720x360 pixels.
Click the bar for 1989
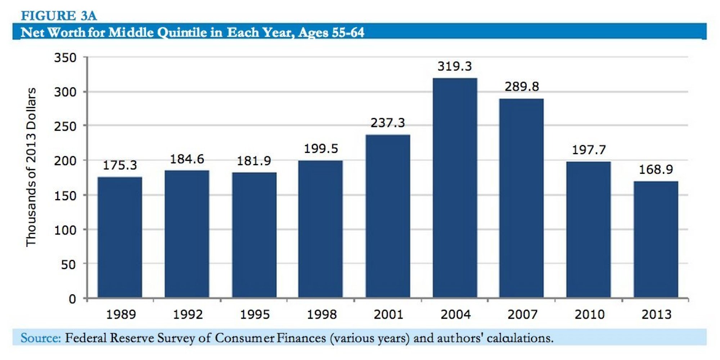click(120, 237)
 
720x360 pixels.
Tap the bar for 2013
click(656, 239)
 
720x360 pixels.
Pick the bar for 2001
click(388, 216)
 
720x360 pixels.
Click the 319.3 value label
click(454, 66)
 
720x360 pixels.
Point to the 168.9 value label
click(656, 169)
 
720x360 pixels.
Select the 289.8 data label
click(522, 86)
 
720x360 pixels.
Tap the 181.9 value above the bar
click(254, 161)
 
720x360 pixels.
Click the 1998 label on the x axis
click(321, 315)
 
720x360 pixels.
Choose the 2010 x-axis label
click(589, 315)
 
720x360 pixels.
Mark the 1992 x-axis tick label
click(188, 315)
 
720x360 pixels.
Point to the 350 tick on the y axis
click(65, 58)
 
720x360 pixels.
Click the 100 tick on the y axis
click(65, 230)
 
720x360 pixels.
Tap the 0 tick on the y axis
click(72, 299)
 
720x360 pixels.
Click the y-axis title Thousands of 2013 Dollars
click(31, 167)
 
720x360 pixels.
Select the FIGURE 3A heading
click(59, 15)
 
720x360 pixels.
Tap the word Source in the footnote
click(40, 338)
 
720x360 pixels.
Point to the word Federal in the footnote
click(86, 338)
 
